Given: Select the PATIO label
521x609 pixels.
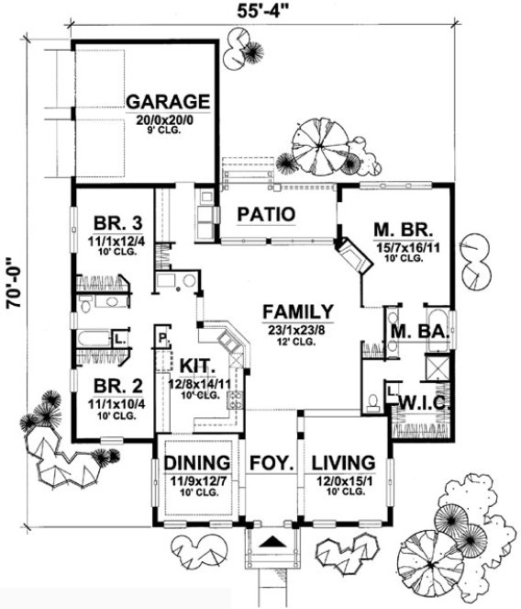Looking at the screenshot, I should click(265, 214).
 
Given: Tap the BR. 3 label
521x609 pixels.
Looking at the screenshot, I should click(116, 223).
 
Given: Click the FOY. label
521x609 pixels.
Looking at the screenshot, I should click(271, 462).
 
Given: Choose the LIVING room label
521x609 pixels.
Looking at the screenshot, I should click(344, 462).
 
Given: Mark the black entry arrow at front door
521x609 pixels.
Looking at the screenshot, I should click(272, 542).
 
